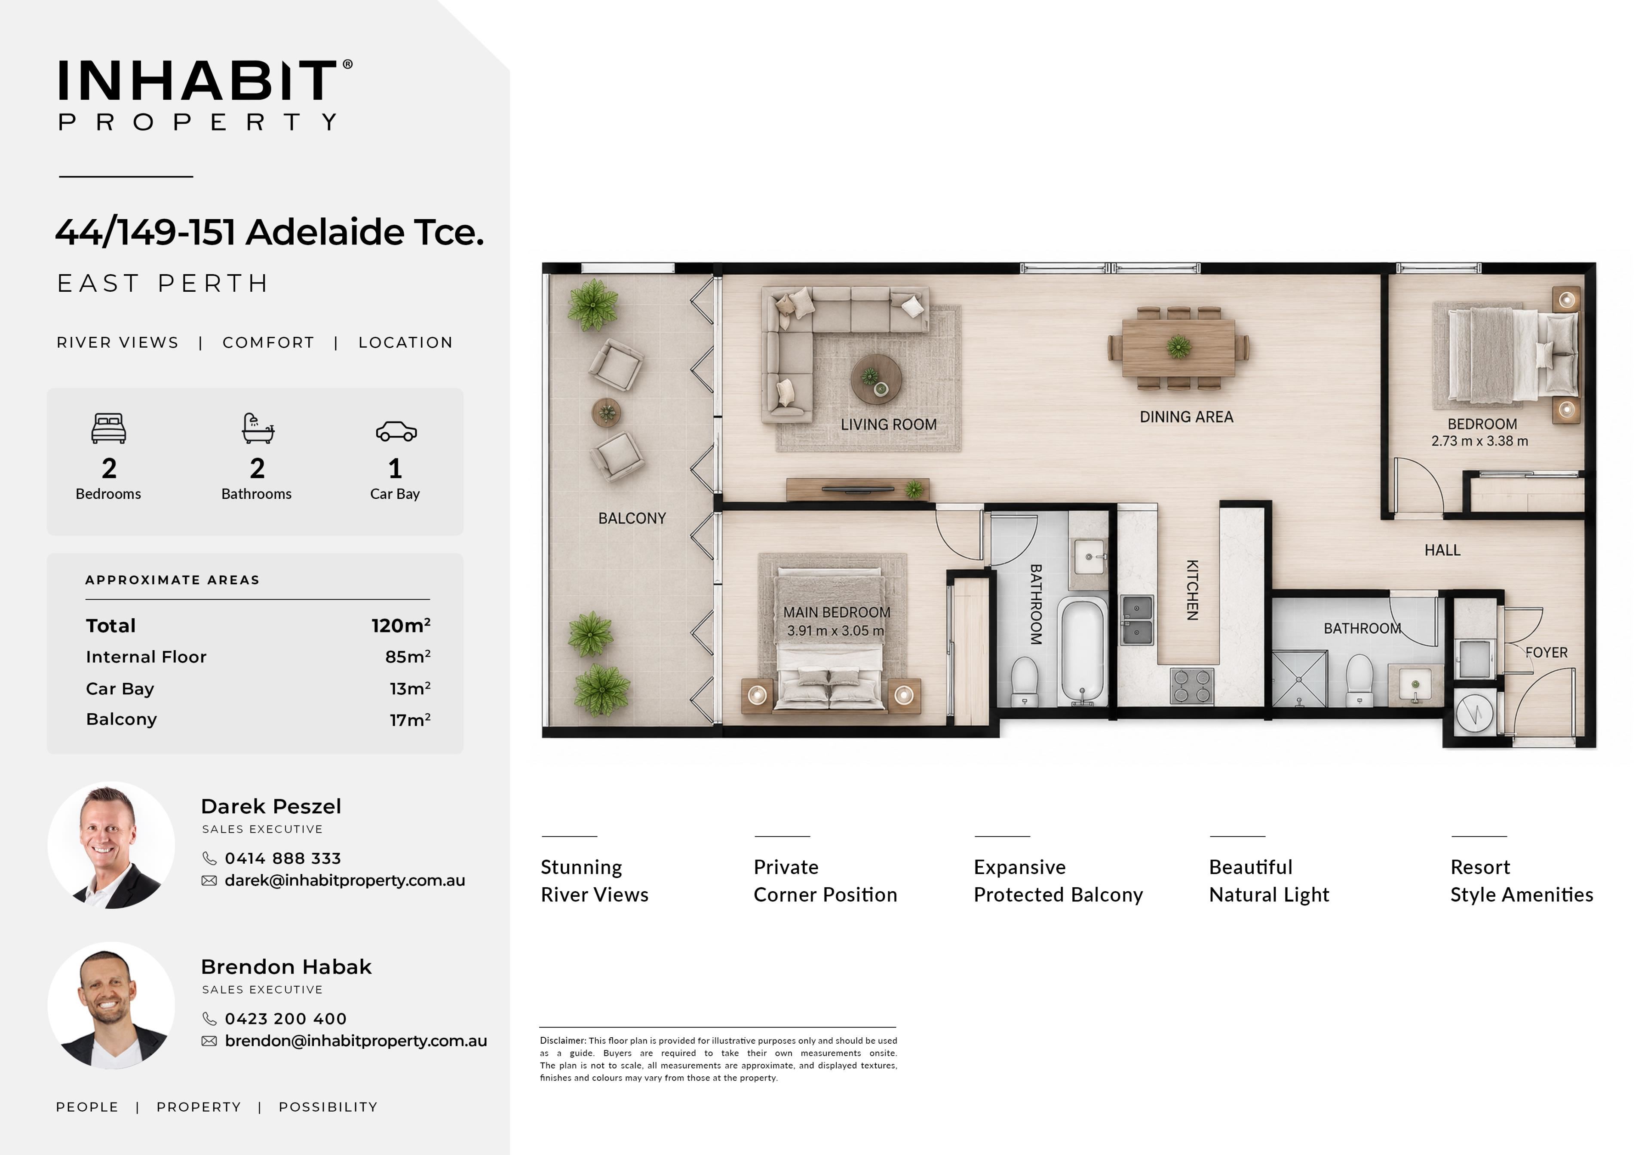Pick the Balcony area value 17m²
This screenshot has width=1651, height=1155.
coord(410,719)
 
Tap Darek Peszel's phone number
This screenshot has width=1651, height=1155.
coord(282,858)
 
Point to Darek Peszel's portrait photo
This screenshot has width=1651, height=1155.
coord(111,845)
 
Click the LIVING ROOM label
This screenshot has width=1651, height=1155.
coord(889,425)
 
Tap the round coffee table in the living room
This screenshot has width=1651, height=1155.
coord(876,379)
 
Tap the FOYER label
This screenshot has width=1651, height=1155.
coord(1547,653)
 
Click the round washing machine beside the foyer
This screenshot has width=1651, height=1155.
coord(1474,713)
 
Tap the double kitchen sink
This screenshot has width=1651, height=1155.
coord(1137,620)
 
